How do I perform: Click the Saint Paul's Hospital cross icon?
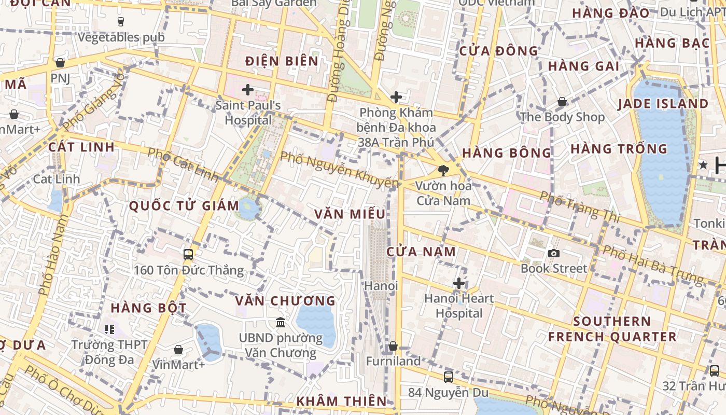pos(248,90)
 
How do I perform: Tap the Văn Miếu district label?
pos(350,214)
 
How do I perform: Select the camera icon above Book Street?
pos(554,253)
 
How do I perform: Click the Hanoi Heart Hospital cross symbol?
pos(459,283)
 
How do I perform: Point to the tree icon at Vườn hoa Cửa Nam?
pos(443,170)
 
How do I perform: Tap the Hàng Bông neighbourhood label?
pos(507,153)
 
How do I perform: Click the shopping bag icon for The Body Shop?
pos(562,102)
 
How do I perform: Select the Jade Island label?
pos(663,104)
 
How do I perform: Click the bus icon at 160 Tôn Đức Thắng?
pos(188,255)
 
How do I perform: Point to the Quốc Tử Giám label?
pos(184,206)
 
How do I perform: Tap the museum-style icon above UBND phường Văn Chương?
pos(281,323)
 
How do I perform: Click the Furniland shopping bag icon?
pos(393,346)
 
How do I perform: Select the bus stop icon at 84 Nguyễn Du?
pos(449,377)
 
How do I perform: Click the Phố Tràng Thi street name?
pos(580,206)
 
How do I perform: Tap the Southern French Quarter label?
pos(612,329)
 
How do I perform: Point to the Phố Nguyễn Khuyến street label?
pos(340,170)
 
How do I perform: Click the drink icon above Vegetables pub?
pos(121,22)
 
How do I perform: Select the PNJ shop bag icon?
pos(60,63)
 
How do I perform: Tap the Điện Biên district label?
pos(282,61)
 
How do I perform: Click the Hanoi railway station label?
pos(381,286)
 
